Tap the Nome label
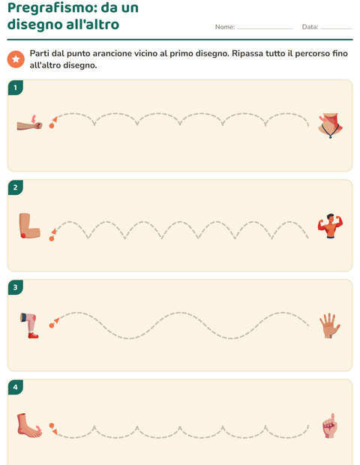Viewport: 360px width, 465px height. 225,27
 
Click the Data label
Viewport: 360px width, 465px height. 310,27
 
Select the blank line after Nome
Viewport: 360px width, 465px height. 265,28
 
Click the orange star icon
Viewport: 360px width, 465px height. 16,59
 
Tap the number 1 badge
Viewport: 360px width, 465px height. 16,88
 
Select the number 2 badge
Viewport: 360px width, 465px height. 16,187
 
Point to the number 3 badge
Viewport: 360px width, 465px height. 16,287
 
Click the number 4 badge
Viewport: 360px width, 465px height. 16,387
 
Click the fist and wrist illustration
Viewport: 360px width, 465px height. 30,123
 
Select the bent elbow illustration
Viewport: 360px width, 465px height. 29,226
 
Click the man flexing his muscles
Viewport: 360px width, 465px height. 330,226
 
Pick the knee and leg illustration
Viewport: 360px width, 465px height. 29,325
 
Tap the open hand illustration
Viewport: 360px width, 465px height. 330,325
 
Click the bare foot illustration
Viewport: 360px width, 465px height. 29,425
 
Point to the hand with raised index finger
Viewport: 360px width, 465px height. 330,425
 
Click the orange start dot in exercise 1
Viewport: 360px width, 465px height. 52,126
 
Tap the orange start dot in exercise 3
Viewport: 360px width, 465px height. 52,325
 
